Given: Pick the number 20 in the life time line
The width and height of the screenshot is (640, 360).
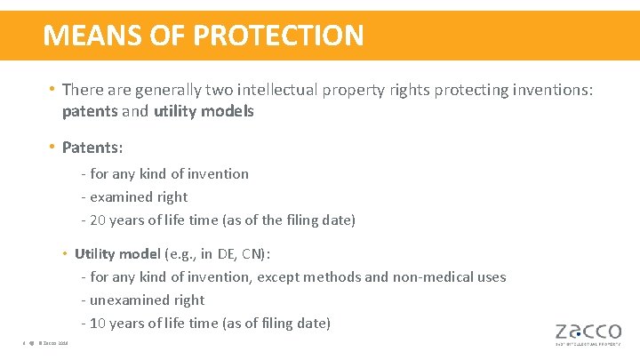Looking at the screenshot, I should tap(99, 220).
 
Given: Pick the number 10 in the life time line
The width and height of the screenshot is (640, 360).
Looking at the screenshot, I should tap(99, 323).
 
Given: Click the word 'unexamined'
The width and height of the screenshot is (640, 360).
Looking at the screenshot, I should tap(128, 300).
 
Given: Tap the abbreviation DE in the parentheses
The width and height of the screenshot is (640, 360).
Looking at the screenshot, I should tap(234, 253).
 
